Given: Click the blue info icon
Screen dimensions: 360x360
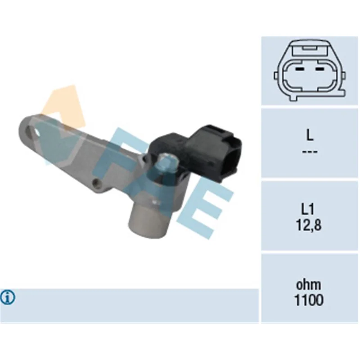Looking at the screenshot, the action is click(x=8, y=297).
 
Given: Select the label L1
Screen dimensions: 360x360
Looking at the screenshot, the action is click(x=308, y=209).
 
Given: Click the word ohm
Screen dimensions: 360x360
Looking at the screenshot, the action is click(x=308, y=285).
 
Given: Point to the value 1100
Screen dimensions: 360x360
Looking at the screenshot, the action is click(x=309, y=300).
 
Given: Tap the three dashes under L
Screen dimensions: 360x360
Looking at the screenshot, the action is click(x=310, y=152).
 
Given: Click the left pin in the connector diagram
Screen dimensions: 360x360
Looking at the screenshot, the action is click(x=300, y=69).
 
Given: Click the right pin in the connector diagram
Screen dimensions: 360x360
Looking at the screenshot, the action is click(x=319, y=69).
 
